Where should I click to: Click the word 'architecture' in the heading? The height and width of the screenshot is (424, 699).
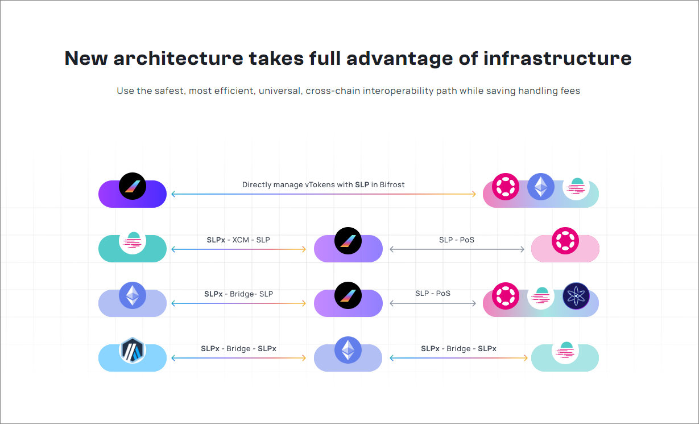pos(178,59)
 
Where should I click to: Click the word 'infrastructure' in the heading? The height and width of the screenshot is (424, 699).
pos(557,59)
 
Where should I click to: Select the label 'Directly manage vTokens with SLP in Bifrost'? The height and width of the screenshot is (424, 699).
pos(323,184)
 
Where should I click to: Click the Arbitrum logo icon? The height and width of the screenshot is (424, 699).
pos(133,351)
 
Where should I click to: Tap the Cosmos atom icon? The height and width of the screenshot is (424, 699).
pos(576,296)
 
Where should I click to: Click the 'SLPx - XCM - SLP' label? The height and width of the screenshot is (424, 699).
pos(238,240)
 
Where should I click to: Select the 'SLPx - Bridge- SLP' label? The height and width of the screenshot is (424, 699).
pos(238,294)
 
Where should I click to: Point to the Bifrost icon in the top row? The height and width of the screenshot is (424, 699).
pos(133,187)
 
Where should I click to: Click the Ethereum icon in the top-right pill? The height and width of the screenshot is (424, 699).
pos(541,187)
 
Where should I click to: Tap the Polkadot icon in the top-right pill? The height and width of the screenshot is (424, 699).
pos(506,187)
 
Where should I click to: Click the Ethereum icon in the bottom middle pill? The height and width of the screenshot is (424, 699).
pos(348,350)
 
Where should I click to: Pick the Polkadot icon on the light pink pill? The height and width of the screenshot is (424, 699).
pos(565,241)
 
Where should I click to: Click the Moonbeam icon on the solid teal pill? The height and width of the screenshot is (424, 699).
pos(133,241)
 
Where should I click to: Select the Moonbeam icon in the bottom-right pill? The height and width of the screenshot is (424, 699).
pos(565,350)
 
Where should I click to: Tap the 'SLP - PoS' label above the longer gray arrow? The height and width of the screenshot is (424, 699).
pos(457,240)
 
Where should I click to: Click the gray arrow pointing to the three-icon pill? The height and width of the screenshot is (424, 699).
pos(433,303)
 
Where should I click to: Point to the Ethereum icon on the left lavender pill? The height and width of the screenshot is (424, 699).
pos(133,295)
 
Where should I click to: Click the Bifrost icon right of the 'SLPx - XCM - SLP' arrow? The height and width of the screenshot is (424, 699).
pos(348,241)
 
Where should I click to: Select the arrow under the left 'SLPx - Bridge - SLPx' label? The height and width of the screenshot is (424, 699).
pos(239,358)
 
